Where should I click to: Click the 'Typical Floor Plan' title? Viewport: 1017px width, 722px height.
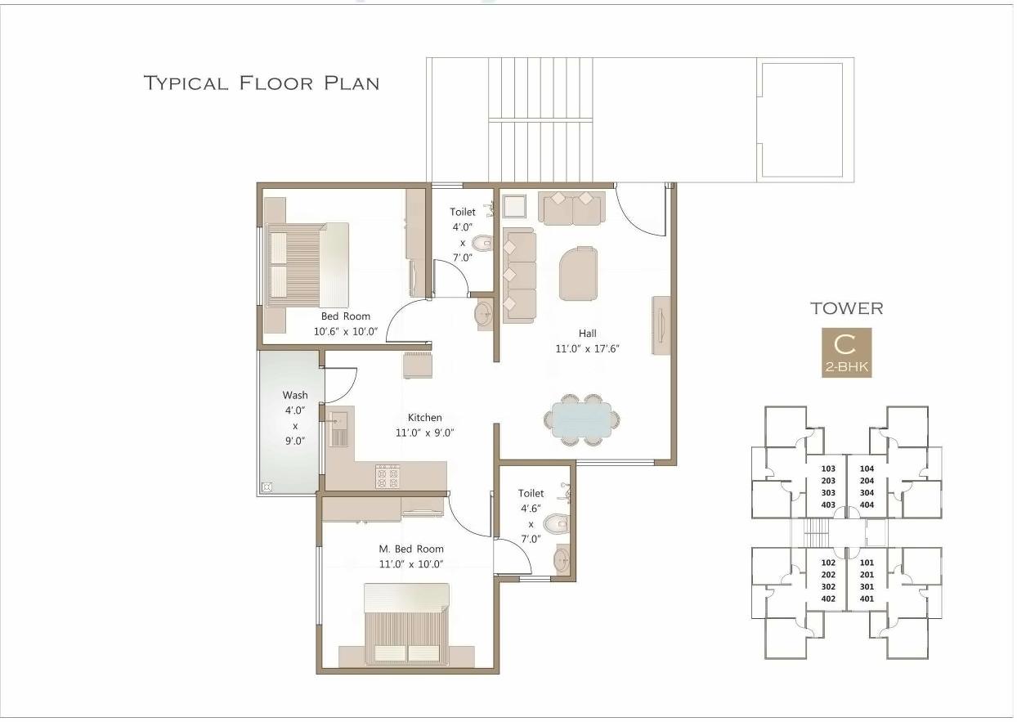(261, 83)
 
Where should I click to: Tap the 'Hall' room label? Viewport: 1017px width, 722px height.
(587, 333)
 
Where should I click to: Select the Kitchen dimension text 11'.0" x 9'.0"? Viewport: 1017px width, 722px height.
(424, 433)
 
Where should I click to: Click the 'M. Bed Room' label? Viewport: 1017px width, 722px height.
(411, 549)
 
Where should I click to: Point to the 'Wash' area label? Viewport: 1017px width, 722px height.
(295, 395)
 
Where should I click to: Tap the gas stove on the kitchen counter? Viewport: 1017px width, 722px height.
(387, 476)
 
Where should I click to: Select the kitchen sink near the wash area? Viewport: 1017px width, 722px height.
(338, 428)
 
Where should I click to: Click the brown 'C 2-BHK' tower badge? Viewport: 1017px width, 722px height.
(846, 352)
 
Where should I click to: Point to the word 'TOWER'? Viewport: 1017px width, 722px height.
(846, 308)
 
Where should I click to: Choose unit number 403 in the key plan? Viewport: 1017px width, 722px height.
(827, 505)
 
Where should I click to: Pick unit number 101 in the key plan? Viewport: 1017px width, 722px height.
(867, 563)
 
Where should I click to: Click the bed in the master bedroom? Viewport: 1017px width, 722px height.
(406, 626)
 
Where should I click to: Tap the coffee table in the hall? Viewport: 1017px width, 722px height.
(578, 273)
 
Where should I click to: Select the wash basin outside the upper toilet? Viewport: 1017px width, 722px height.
(484, 312)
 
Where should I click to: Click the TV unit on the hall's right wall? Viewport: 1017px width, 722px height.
(661, 325)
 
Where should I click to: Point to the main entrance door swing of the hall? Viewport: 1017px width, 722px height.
(640, 211)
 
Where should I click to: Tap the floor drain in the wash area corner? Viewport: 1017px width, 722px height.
(266, 487)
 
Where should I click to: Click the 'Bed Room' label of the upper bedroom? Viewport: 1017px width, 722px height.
(345, 316)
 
